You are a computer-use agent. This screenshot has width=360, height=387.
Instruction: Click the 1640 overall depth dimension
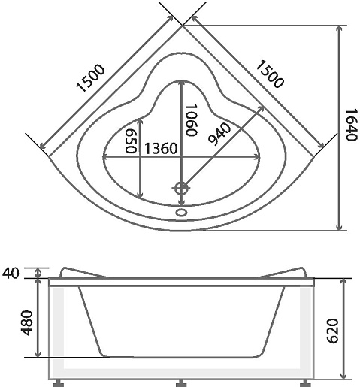click(351, 125)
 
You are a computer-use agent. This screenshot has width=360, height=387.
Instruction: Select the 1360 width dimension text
click(161, 148)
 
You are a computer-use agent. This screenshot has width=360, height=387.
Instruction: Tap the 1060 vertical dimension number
click(190, 120)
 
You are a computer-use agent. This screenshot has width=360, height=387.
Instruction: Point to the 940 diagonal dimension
click(219, 135)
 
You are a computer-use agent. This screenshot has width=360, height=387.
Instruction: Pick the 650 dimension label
click(131, 141)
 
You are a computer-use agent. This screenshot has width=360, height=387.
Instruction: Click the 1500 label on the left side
click(90, 78)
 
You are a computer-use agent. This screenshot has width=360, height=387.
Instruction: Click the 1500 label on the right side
click(270, 74)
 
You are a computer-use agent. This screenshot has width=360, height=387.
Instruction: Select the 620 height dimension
click(333, 331)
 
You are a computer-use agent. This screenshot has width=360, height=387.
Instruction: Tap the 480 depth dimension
click(27, 323)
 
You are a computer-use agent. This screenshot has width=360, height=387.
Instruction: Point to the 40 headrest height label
click(11, 273)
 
